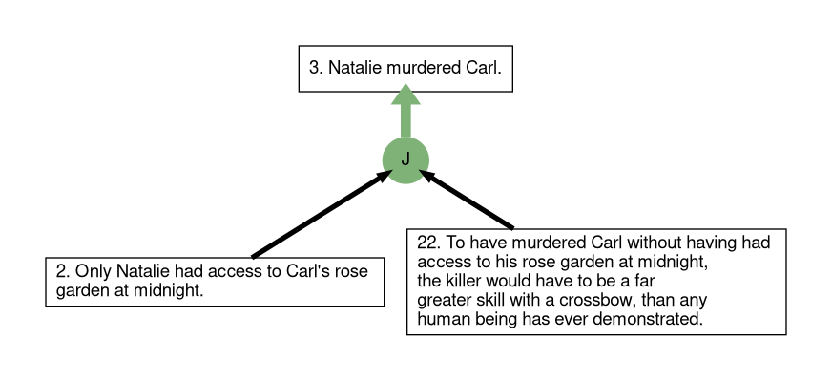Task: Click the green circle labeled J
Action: [x=406, y=160]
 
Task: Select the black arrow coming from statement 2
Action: [x=322, y=214]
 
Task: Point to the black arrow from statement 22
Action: [x=467, y=200]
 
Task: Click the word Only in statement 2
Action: [x=94, y=271]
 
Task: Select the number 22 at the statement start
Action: [x=428, y=243]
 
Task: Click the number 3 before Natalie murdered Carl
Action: [x=316, y=68]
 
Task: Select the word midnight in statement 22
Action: [x=674, y=262]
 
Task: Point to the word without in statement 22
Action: [x=655, y=243]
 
